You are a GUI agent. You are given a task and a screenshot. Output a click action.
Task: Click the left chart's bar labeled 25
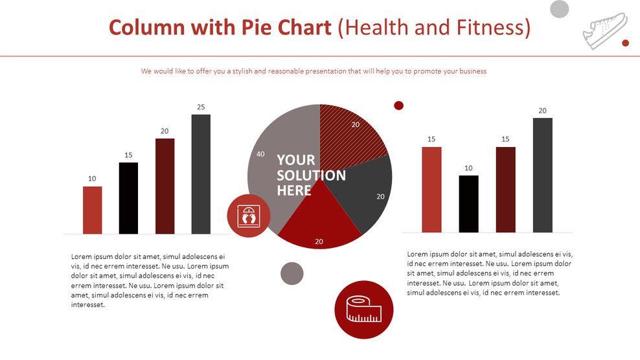[201, 174]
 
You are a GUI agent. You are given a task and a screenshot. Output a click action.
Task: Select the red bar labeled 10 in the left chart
[92, 210]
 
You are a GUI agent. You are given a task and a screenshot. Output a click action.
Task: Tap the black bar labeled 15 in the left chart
[128, 198]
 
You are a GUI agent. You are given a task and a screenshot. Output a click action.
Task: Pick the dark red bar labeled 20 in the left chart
[165, 186]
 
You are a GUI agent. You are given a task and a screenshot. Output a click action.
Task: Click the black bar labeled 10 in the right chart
[468, 204]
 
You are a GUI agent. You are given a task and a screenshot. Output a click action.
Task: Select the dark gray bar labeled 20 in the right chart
[542, 175]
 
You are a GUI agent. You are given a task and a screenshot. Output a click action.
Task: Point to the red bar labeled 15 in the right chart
[431, 190]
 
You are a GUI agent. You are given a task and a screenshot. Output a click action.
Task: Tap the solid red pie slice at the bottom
[319, 220]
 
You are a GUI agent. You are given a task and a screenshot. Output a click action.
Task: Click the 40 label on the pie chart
[260, 154]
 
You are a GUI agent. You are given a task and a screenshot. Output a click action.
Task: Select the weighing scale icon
[249, 216]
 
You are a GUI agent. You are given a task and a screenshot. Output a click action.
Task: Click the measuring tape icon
[363, 309]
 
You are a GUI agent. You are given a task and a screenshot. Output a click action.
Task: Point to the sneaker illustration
[605, 30]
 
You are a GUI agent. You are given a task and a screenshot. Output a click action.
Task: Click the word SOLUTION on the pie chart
[312, 175]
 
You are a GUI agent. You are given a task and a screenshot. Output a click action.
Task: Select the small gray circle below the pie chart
[292, 273]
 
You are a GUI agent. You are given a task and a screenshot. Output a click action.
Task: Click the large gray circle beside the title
[559, 9]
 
